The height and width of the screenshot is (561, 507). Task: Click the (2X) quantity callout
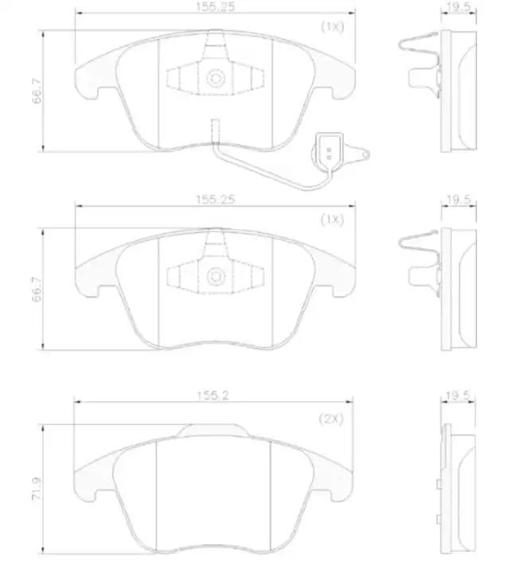click(330, 419)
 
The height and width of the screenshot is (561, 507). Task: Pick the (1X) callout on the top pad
click(332, 26)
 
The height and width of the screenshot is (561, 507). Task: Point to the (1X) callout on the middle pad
click(331, 220)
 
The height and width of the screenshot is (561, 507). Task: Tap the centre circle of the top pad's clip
click(215, 79)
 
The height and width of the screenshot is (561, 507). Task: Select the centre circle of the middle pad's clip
click(215, 275)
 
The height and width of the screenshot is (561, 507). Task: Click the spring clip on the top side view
click(420, 56)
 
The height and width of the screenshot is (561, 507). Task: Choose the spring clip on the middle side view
click(420, 253)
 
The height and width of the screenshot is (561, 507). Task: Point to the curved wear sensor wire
click(263, 171)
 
